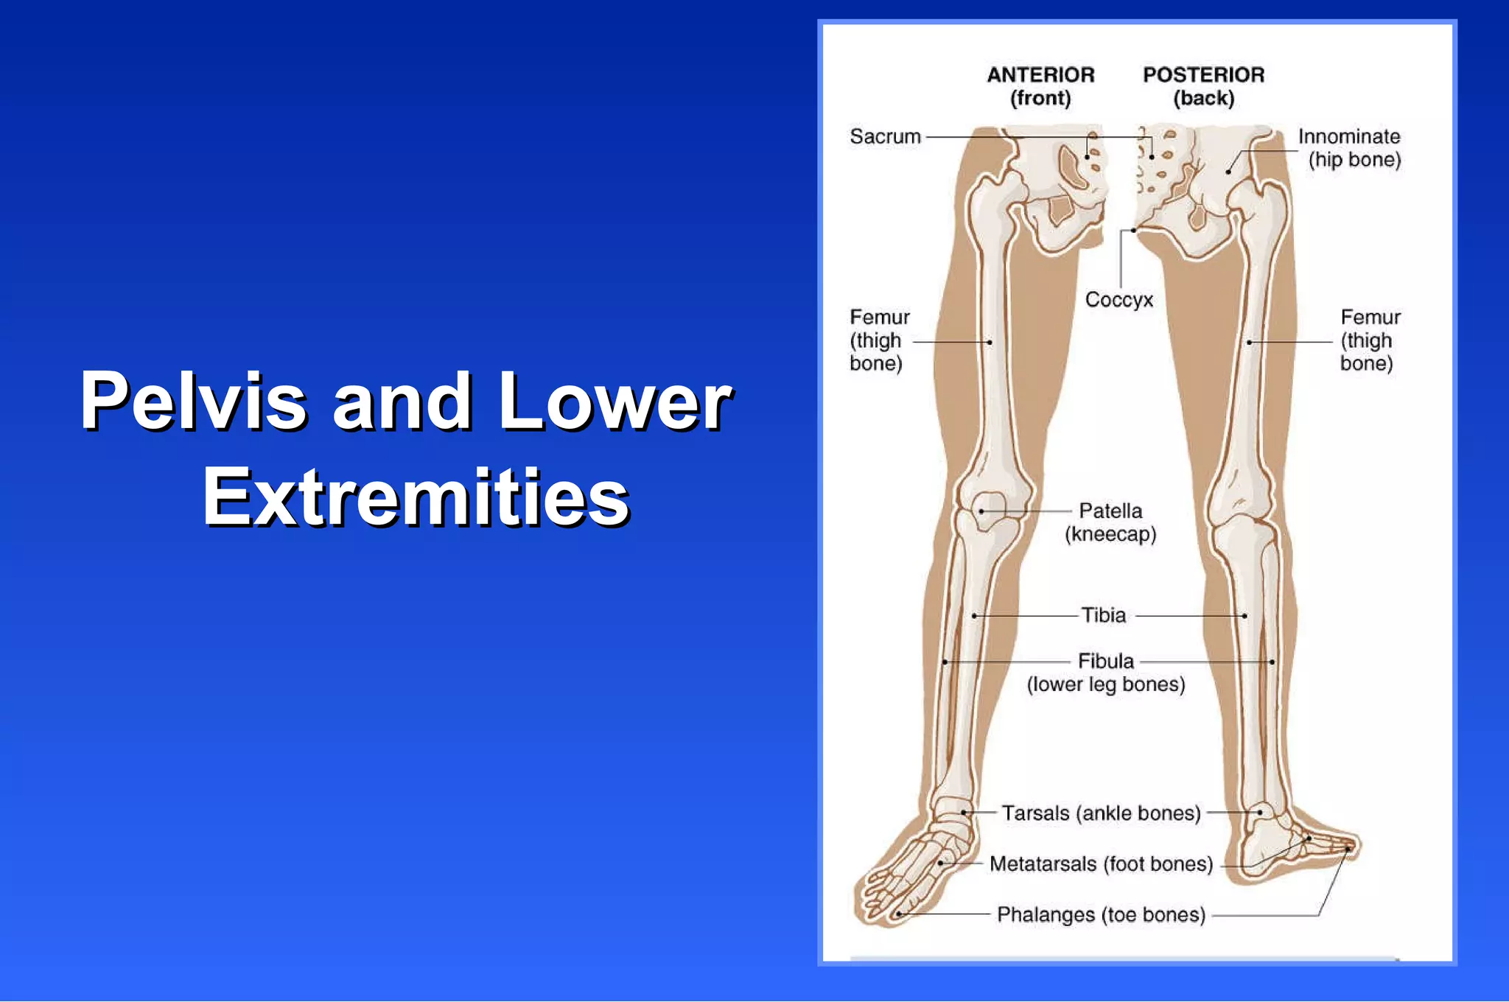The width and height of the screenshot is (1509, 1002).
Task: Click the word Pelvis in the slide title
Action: point(193,402)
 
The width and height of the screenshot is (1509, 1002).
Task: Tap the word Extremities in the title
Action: point(416,498)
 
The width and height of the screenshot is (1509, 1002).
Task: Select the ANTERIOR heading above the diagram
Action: point(1040,75)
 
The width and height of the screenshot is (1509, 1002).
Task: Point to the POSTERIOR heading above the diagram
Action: point(1203,75)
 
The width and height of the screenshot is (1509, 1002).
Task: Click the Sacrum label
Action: point(885,137)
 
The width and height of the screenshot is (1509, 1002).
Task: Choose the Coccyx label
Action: point(1118,300)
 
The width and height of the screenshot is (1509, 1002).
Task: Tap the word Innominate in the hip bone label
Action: point(1348,137)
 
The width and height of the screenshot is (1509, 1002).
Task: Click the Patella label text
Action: point(1110,511)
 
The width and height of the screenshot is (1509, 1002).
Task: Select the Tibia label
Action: point(1103,615)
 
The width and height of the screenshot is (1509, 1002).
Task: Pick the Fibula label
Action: point(1105,661)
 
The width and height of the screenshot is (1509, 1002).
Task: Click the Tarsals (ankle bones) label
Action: point(1101,813)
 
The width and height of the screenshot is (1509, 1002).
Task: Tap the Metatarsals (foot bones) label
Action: point(1101,863)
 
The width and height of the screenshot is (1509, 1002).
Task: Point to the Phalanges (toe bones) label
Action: point(1101,914)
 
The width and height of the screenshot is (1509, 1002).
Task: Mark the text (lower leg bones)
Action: point(1105,684)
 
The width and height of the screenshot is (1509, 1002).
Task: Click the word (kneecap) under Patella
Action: point(1110,534)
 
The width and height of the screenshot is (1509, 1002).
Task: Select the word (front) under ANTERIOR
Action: point(1040,98)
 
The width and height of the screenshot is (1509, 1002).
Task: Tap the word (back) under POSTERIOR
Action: point(1203,98)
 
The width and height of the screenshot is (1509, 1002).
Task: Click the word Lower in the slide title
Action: point(615,402)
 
